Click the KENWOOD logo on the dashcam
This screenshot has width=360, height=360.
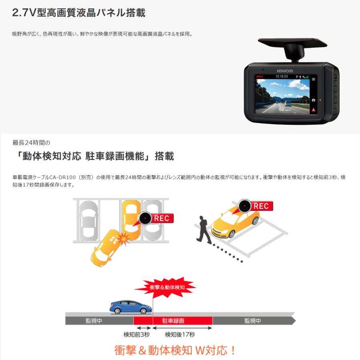(x=285, y=71)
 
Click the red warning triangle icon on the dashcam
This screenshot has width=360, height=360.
(x=314, y=109)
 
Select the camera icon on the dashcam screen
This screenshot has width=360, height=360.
(x=314, y=100)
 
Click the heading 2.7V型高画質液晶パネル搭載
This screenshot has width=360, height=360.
(x=79, y=12)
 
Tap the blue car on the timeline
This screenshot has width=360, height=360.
(x=131, y=306)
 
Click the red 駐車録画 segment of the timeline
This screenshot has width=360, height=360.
(x=173, y=321)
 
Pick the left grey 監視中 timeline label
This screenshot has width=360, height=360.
(x=94, y=321)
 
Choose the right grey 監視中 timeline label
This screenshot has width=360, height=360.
(x=253, y=321)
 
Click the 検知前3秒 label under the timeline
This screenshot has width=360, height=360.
(x=137, y=334)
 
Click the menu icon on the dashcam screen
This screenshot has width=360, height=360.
(x=314, y=79)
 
